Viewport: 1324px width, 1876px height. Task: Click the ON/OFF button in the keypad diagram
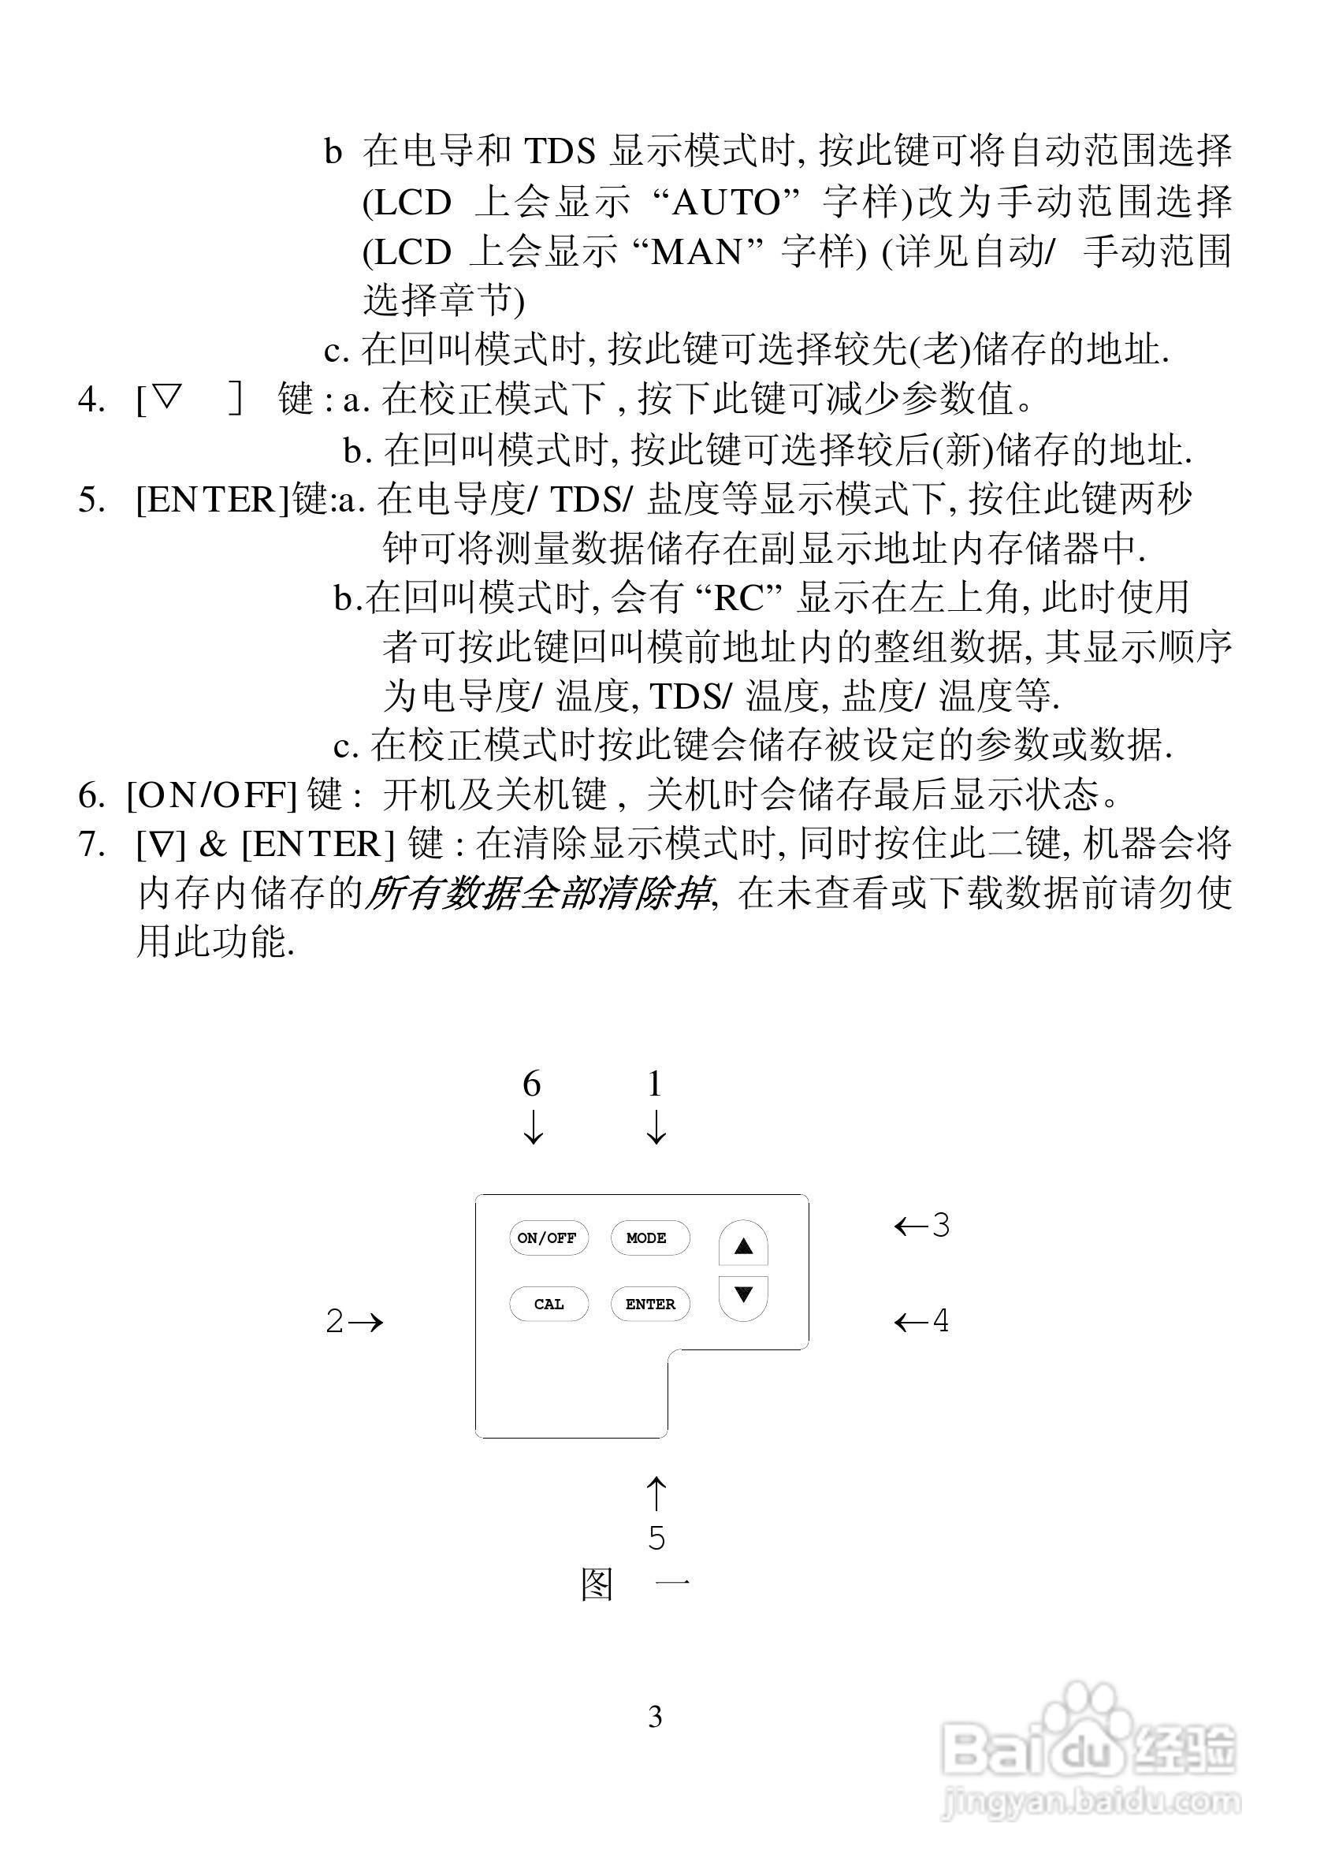coord(547,1238)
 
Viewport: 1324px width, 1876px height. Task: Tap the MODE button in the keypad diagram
coord(649,1238)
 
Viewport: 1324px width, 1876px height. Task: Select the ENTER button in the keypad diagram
coord(650,1304)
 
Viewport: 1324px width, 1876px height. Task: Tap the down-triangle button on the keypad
coord(742,1295)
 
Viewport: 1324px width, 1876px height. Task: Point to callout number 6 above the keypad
coord(532,1085)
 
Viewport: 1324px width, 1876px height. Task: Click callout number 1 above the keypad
coord(654,1085)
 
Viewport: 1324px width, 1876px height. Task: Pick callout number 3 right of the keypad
coord(941,1226)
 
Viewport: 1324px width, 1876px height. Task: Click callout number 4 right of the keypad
coord(941,1320)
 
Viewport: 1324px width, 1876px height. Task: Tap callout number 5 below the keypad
coord(656,1538)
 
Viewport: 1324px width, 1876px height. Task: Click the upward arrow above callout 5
coord(656,1493)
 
